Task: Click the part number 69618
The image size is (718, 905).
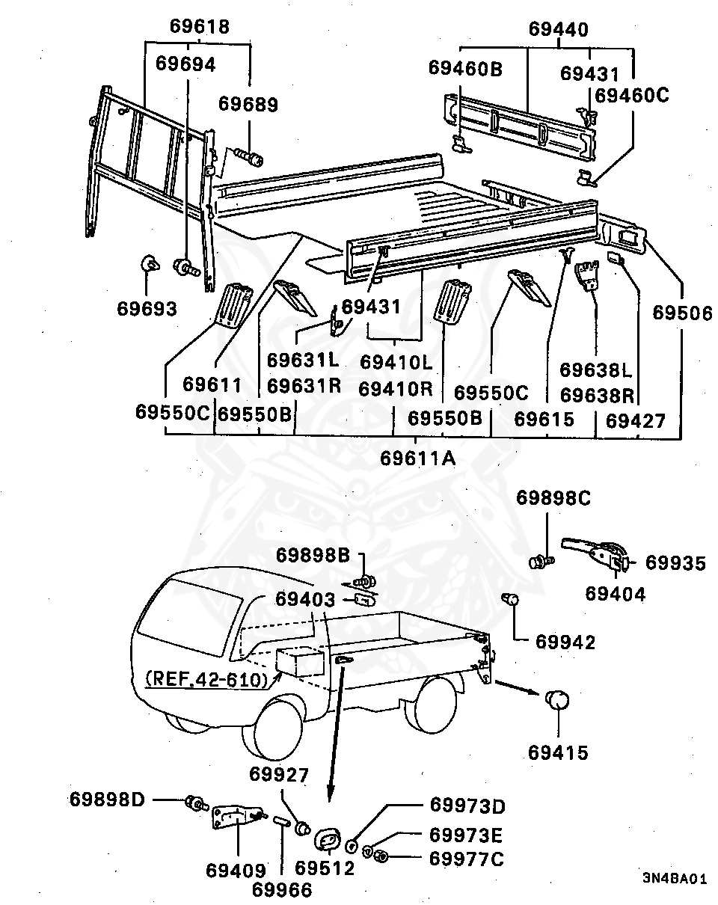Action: click(199, 26)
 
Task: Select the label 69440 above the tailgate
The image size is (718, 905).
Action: click(558, 30)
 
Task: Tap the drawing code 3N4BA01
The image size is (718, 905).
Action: click(673, 879)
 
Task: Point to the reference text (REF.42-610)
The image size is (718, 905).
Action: click(206, 680)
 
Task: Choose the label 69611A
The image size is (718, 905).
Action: click(417, 457)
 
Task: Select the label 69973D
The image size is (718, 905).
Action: click(467, 806)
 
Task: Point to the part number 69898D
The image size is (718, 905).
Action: click(107, 799)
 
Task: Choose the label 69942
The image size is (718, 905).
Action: click(565, 642)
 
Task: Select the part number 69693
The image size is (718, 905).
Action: click(147, 307)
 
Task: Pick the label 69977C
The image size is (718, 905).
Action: click(467, 859)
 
